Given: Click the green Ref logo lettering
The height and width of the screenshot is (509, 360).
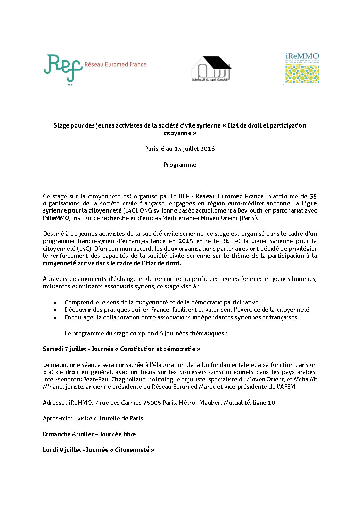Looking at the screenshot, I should pos(63,68).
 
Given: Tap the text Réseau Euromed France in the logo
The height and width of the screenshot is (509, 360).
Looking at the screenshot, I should pos(115,65).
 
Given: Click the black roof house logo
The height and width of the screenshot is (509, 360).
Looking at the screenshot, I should pos(211,69).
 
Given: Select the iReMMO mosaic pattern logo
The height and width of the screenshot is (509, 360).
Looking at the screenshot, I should pos(302,74).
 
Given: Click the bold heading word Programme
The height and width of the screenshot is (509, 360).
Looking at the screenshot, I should pos(180,165).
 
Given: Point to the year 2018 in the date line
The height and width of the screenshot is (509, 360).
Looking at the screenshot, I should pos(208,149).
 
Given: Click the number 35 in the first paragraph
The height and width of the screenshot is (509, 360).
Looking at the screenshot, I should pos(313,196).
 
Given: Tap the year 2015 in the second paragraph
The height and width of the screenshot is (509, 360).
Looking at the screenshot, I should pos(185,241).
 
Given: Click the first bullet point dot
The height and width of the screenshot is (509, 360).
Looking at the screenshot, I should pos(55,302).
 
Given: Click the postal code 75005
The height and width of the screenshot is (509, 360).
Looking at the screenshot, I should pos(152,403).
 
